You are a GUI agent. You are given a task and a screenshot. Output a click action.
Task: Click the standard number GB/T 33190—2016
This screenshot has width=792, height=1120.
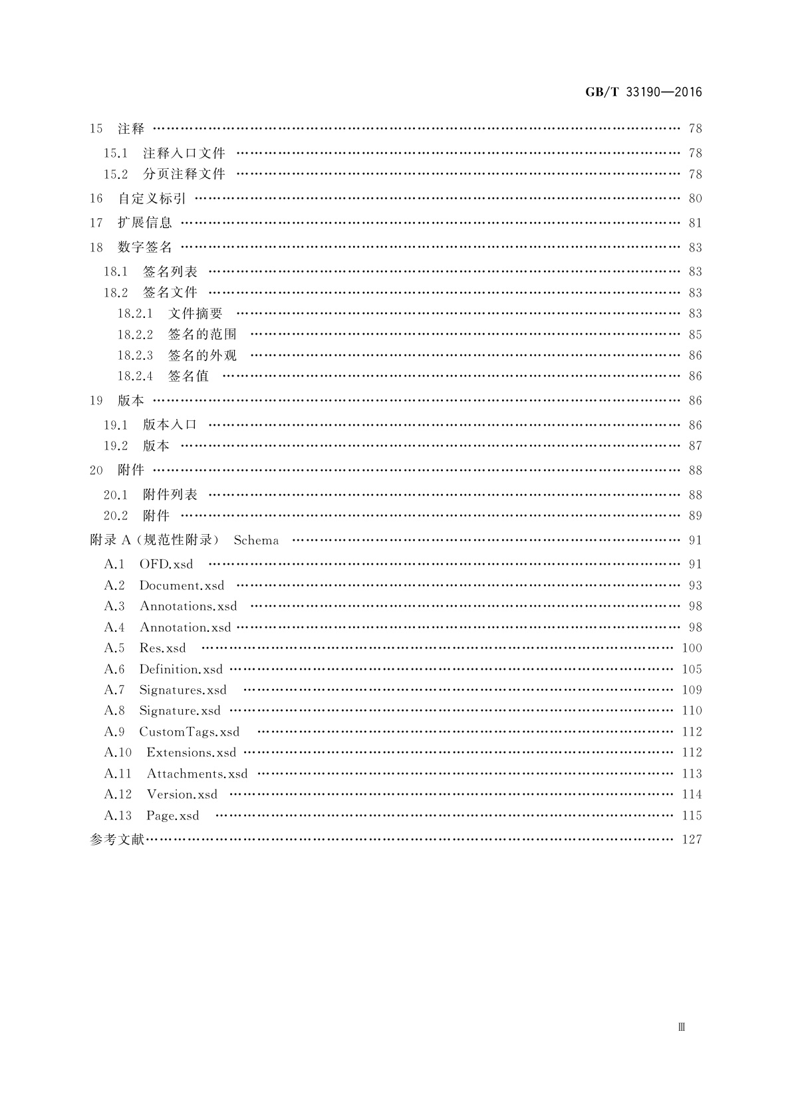[643, 92]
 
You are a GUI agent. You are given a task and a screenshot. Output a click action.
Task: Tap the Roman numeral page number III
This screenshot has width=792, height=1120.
[682, 1027]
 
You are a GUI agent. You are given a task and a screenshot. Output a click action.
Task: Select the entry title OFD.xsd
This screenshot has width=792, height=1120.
[166, 565]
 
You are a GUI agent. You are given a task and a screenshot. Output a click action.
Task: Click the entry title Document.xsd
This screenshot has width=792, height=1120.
[182, 586]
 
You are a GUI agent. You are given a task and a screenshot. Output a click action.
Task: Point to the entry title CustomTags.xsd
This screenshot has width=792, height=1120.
[190, 732]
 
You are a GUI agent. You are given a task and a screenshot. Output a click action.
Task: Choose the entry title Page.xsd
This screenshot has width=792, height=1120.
[173, 816]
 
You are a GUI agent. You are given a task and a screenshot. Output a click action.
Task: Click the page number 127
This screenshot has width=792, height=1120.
[692, 840]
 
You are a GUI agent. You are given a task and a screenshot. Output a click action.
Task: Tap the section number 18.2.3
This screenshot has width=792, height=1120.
[135, 356]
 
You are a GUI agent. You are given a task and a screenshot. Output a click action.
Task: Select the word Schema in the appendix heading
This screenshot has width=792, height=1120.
[256, 541]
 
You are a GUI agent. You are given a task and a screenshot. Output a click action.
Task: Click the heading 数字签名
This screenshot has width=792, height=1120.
[145, 247]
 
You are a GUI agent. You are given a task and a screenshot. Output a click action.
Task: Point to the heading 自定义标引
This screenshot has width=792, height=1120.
[152, 198]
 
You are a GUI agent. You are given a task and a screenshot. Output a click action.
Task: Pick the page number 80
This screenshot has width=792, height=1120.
[695, 198]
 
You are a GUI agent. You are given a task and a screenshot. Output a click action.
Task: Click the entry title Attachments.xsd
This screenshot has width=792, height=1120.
[197, 774]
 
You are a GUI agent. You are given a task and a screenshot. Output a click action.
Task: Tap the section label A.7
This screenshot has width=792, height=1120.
[114, 690]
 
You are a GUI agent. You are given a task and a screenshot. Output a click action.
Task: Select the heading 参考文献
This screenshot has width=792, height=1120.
[117, 840]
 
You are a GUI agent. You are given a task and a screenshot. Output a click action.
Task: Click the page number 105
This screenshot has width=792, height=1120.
[692, 670]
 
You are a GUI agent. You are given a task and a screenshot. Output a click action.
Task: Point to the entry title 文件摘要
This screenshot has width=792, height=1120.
[196, 314]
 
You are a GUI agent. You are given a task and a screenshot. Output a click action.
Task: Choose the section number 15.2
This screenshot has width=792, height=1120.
[116, 174]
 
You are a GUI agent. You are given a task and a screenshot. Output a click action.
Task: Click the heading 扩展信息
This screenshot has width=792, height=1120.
[145, 223]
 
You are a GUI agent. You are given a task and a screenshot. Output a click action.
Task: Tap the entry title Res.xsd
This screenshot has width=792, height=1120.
[162, 648]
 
